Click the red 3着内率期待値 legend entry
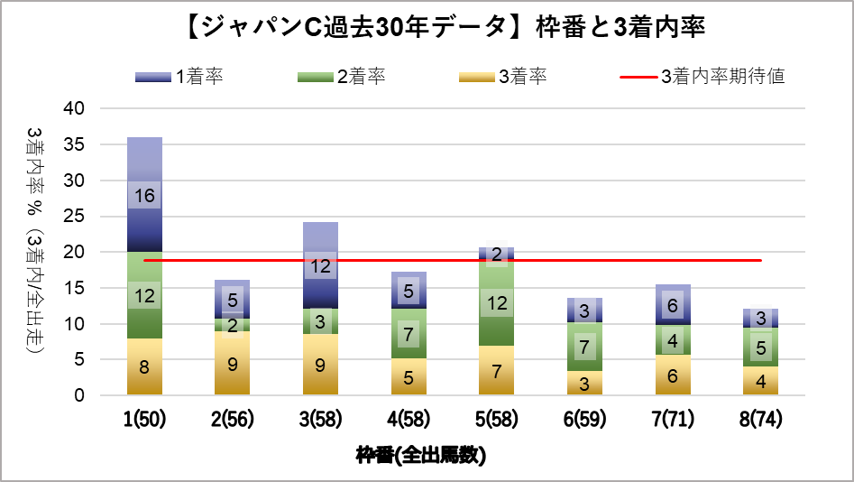702,77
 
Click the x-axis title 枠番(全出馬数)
421,455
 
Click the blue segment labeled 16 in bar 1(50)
144,196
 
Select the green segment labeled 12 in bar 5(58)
497,303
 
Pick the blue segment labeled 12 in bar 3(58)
320,267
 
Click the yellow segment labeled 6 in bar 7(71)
673,376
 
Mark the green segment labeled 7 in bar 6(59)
584,347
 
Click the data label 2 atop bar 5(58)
497,255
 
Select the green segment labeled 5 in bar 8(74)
761,347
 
